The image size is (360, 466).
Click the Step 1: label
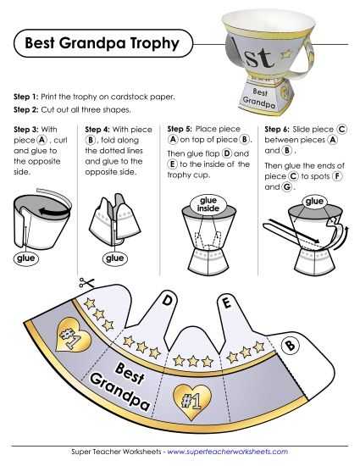click(32, 97)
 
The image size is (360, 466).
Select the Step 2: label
click(32, 110)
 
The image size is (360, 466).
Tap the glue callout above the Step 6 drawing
click(315, 201)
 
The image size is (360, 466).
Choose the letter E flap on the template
click(225, 302)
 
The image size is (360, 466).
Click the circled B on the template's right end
click(289, 346)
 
